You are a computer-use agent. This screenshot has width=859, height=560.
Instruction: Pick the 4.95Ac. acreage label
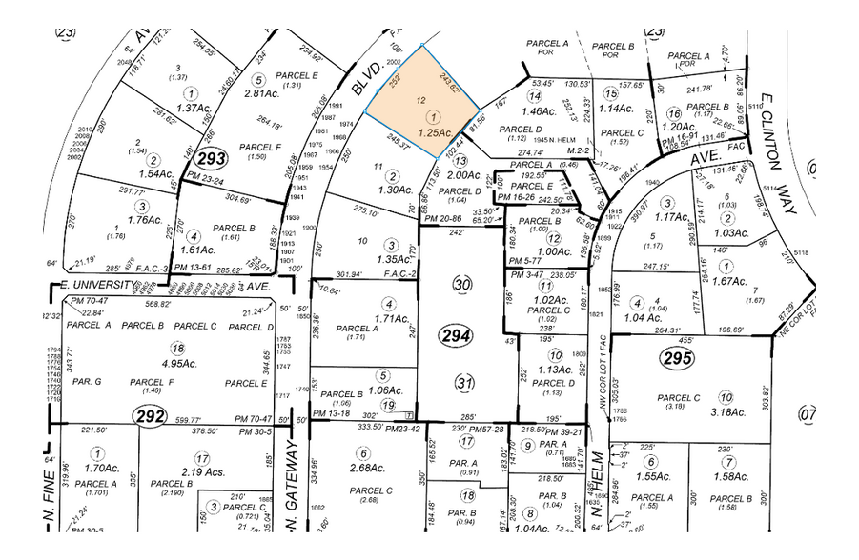(x=174, y=363)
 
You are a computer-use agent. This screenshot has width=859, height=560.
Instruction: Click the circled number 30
(x=464, y=286)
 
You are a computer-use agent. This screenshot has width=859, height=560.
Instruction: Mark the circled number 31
(x=464, y=383)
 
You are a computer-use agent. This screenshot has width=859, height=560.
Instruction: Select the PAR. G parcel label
(x=87, y=382)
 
